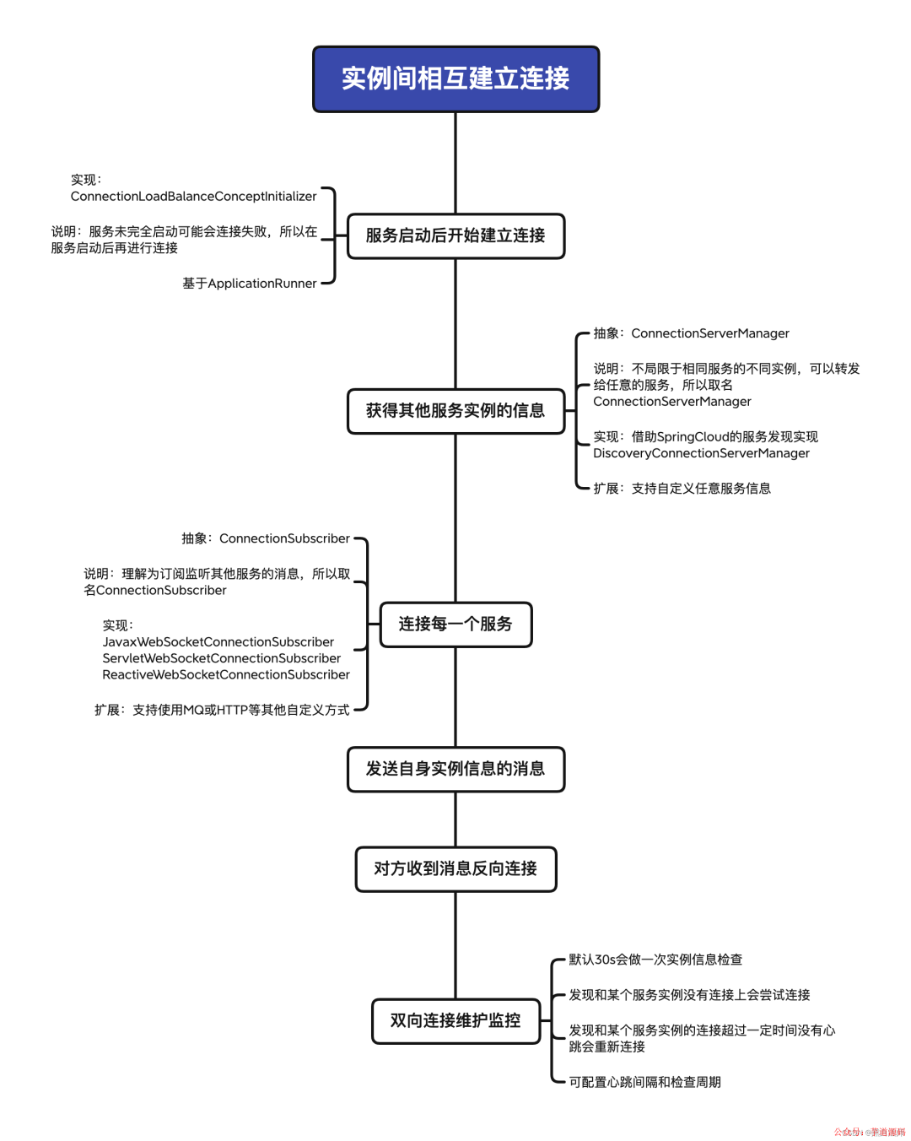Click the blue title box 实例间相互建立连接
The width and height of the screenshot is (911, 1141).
pyautogui.click(x=455, y=79)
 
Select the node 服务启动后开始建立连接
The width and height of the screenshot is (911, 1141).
pyautogui.click(x=455, y=236)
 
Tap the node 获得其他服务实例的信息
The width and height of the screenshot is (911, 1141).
pyautogui.click(x=455, y=411)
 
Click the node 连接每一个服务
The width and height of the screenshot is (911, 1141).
pyautogui.click(x=455, y=625)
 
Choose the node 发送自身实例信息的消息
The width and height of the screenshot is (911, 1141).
pyautogui.click(x=455, y=769)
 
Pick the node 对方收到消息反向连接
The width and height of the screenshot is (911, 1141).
pyautogui.click(x=455, y=869)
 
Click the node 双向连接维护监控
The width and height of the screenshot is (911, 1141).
pyautogui.click(x=455, y=1021)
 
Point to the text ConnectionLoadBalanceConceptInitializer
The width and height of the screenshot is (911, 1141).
pyautogui.click(x=193, y=197)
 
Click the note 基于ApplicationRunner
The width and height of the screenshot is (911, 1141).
pyautogui.click(x=250, y=284)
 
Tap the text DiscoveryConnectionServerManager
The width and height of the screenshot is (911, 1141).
pyautogui.click(x=701, y=453)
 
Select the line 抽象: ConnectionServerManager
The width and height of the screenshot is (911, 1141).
pyautogui.click(x=691, y=333)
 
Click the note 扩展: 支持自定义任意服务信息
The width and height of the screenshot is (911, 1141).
pyautogui.click(x=682, y=489)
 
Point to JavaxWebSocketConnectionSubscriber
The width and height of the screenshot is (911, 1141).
pyautogui.click(x=218, y=642)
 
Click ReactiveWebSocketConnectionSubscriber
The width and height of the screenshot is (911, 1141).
pyautogui.click(x=226, y=675)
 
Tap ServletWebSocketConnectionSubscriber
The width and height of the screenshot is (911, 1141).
pyautogui.click(x=222, y=658)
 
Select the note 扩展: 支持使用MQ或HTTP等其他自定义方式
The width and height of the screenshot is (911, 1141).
pyautogui.click(x=222, y=711)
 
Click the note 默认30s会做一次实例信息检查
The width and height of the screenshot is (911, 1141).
pyautogui.click(x=655, y=960)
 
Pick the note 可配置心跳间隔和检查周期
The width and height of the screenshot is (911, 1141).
pyautogui.click(x=644, y=1083)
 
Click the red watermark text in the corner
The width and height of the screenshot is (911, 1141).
pyautogui.click(x=870, y=1133)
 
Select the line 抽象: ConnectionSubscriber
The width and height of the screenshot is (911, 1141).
pyautogui.click(x=266, y=538)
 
